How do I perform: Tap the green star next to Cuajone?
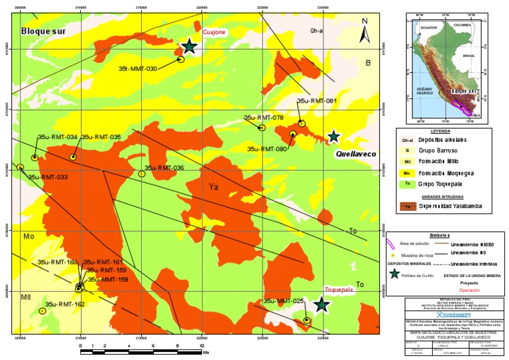coord(190,46)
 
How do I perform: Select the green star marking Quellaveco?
coord(334,137)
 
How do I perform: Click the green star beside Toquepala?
coord(322,304)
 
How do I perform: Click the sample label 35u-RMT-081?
coord(317,101)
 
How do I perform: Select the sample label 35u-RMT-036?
coord(164,168)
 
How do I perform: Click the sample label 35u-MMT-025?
coord(284,301)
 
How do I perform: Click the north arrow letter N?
coord(365,21)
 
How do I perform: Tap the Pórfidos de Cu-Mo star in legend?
coord(395,274)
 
